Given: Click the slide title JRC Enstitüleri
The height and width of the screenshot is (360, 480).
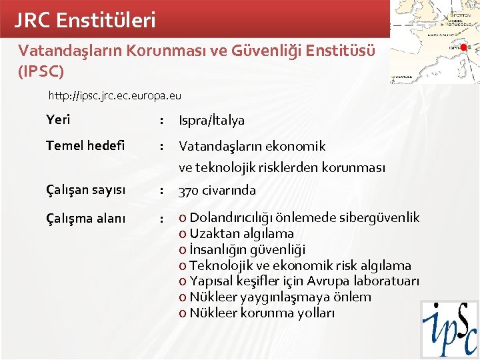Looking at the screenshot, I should [x=85, y=20].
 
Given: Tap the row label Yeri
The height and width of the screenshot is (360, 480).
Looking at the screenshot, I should [x=58, y=120].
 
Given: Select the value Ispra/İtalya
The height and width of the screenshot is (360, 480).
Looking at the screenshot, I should [x=211, y=121].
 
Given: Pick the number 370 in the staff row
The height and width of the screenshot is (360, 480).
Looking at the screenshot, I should [x=189, y=191].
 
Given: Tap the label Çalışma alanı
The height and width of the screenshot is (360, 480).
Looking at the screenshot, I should [x=85, y=217].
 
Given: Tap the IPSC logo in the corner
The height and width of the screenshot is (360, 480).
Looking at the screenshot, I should [x=449, y=329].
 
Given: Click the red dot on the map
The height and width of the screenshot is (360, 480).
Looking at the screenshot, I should [x=463, y=47].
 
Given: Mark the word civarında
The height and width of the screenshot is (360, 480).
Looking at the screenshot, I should [x=229, y=191].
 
